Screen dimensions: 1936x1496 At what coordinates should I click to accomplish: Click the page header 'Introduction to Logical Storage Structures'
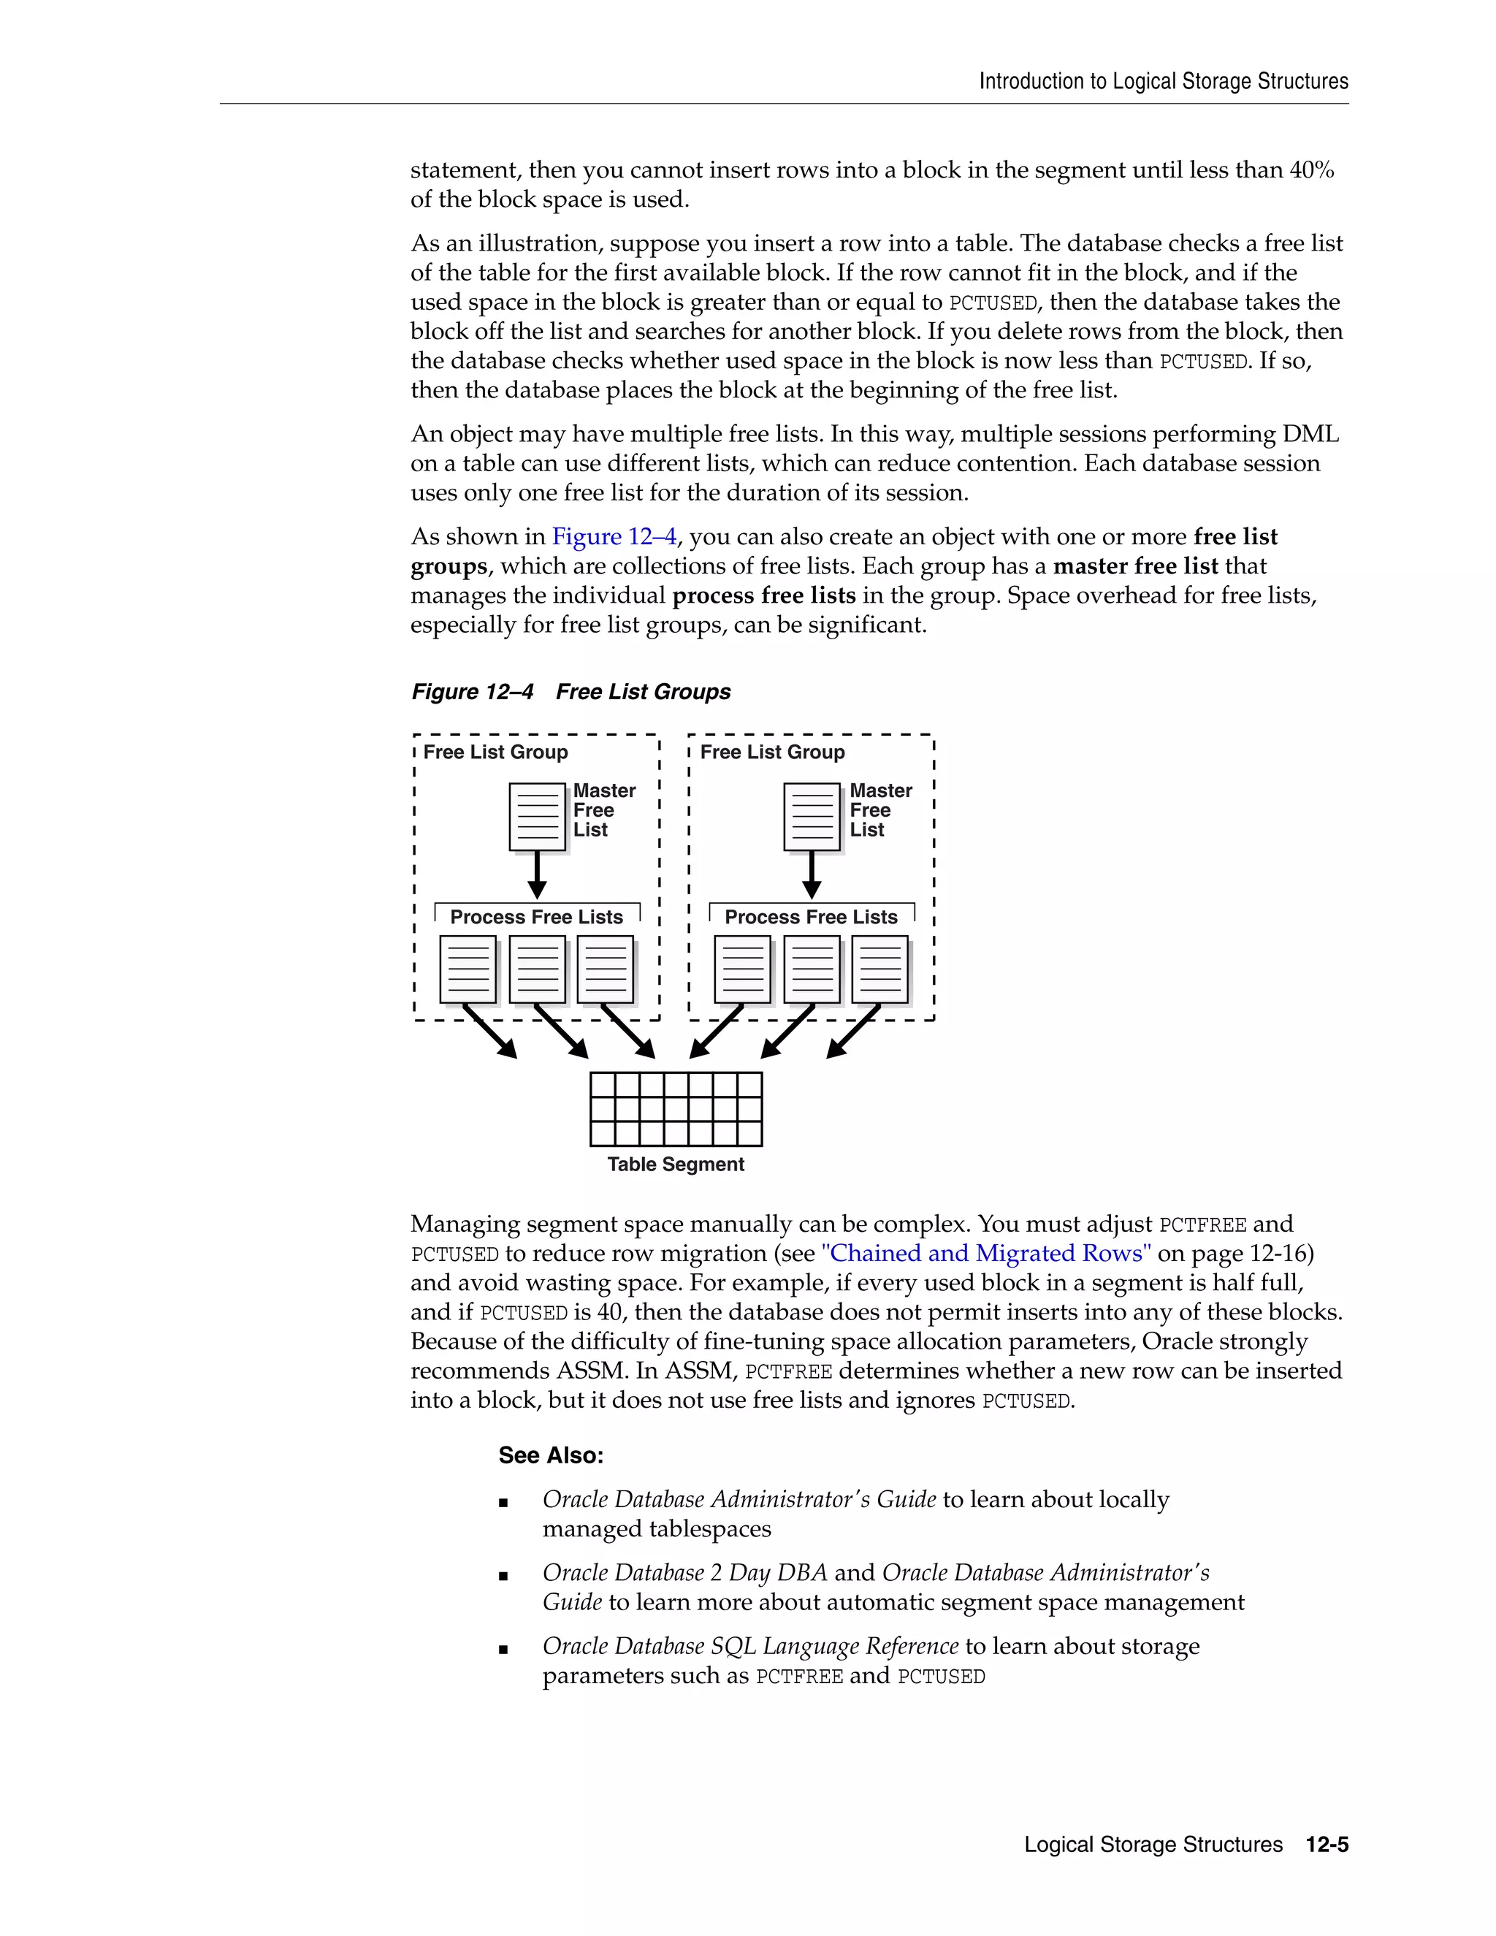tap(1163, 82)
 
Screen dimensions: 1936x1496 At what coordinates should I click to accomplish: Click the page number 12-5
tap(1327, 1845)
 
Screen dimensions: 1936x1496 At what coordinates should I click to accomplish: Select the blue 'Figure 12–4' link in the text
tap(614, 536)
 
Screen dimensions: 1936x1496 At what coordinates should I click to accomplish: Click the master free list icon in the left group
tap(537, 817)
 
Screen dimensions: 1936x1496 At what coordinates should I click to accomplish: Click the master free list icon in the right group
tap(812, 817)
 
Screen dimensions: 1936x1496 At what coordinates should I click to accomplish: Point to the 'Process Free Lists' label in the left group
tap(536, 917)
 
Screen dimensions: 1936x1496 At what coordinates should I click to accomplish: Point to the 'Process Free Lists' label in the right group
tap(811, 917)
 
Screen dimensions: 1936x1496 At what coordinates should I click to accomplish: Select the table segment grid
tap(676, 1109)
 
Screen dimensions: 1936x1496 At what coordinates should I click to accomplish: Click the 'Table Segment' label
tap(676, 1164)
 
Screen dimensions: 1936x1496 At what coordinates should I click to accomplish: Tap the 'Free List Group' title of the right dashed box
tap(772, 752)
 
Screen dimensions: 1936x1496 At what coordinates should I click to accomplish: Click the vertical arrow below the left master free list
tap(537, 875)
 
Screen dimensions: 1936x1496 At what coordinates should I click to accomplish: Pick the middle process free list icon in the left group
tap(537, 969)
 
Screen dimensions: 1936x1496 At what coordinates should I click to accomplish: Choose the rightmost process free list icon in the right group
tap(880, 969)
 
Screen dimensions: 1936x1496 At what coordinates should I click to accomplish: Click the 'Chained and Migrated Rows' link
tap(986, 1254)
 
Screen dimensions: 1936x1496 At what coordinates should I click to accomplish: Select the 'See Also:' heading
tap(550, 1455)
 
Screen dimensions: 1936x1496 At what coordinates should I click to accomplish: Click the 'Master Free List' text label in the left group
tap(603, 810)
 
